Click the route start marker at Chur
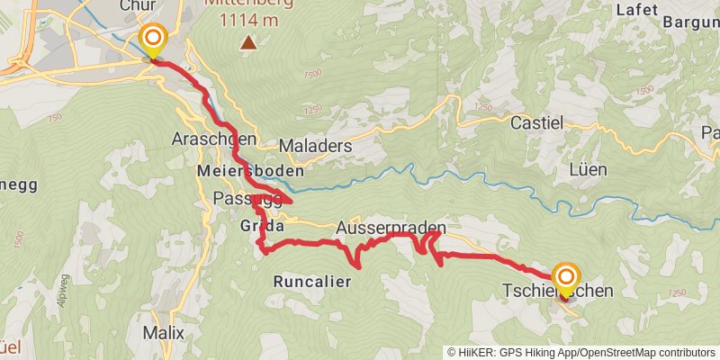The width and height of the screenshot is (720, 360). tap(154, 38)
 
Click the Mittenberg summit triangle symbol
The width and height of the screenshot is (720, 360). tap(247, 42)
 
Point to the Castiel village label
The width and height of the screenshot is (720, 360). tap(537, 121)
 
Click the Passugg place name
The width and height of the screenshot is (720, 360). tap(239, 197)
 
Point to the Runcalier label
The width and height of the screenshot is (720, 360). tap(310, 281)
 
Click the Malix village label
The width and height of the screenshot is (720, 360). tap(163, 332)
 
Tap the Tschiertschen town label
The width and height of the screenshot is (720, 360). tap(558, 291)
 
